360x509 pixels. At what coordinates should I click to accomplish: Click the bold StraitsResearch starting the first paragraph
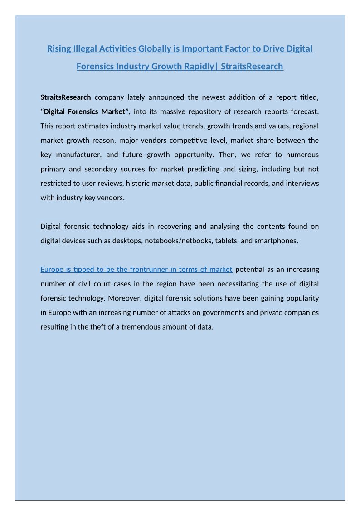tap(66, 97)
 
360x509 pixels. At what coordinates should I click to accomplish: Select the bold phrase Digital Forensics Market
tap(84, 111)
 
